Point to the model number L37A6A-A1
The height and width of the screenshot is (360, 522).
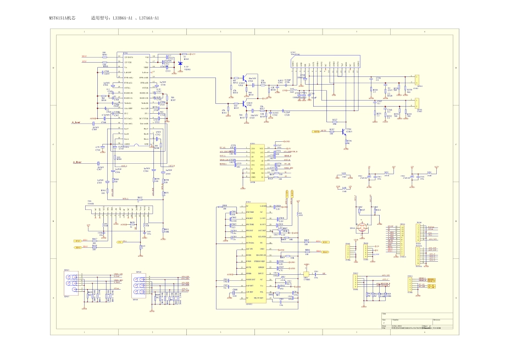[149, 18]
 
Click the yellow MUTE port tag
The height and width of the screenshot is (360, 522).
[316, 131]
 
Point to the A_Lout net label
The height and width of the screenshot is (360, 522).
[76, 123]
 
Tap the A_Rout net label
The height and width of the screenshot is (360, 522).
[77, 163]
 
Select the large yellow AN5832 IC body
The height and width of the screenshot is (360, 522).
[256, 253]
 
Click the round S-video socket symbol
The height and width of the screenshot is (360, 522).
[362, 226]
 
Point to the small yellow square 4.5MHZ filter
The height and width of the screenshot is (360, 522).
[306, 275]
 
